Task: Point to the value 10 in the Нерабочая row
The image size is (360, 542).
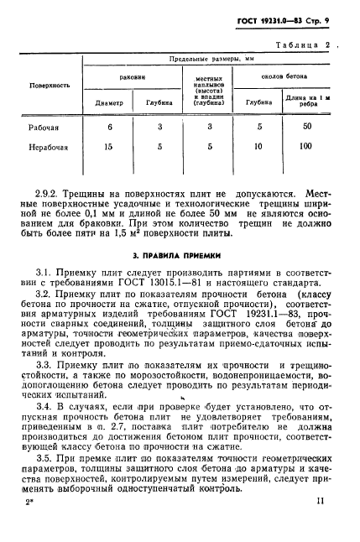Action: [260, 147]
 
